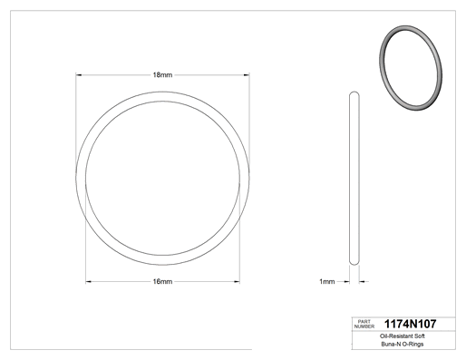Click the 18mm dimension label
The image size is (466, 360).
162,75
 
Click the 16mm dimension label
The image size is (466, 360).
162,282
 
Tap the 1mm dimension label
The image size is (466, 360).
327,282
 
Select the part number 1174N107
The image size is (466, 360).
410,324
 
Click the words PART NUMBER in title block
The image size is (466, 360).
364,324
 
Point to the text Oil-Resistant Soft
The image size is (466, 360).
403,336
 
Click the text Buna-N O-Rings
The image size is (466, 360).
403,344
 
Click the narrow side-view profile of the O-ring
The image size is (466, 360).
354,179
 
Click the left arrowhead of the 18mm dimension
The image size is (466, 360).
79,74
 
